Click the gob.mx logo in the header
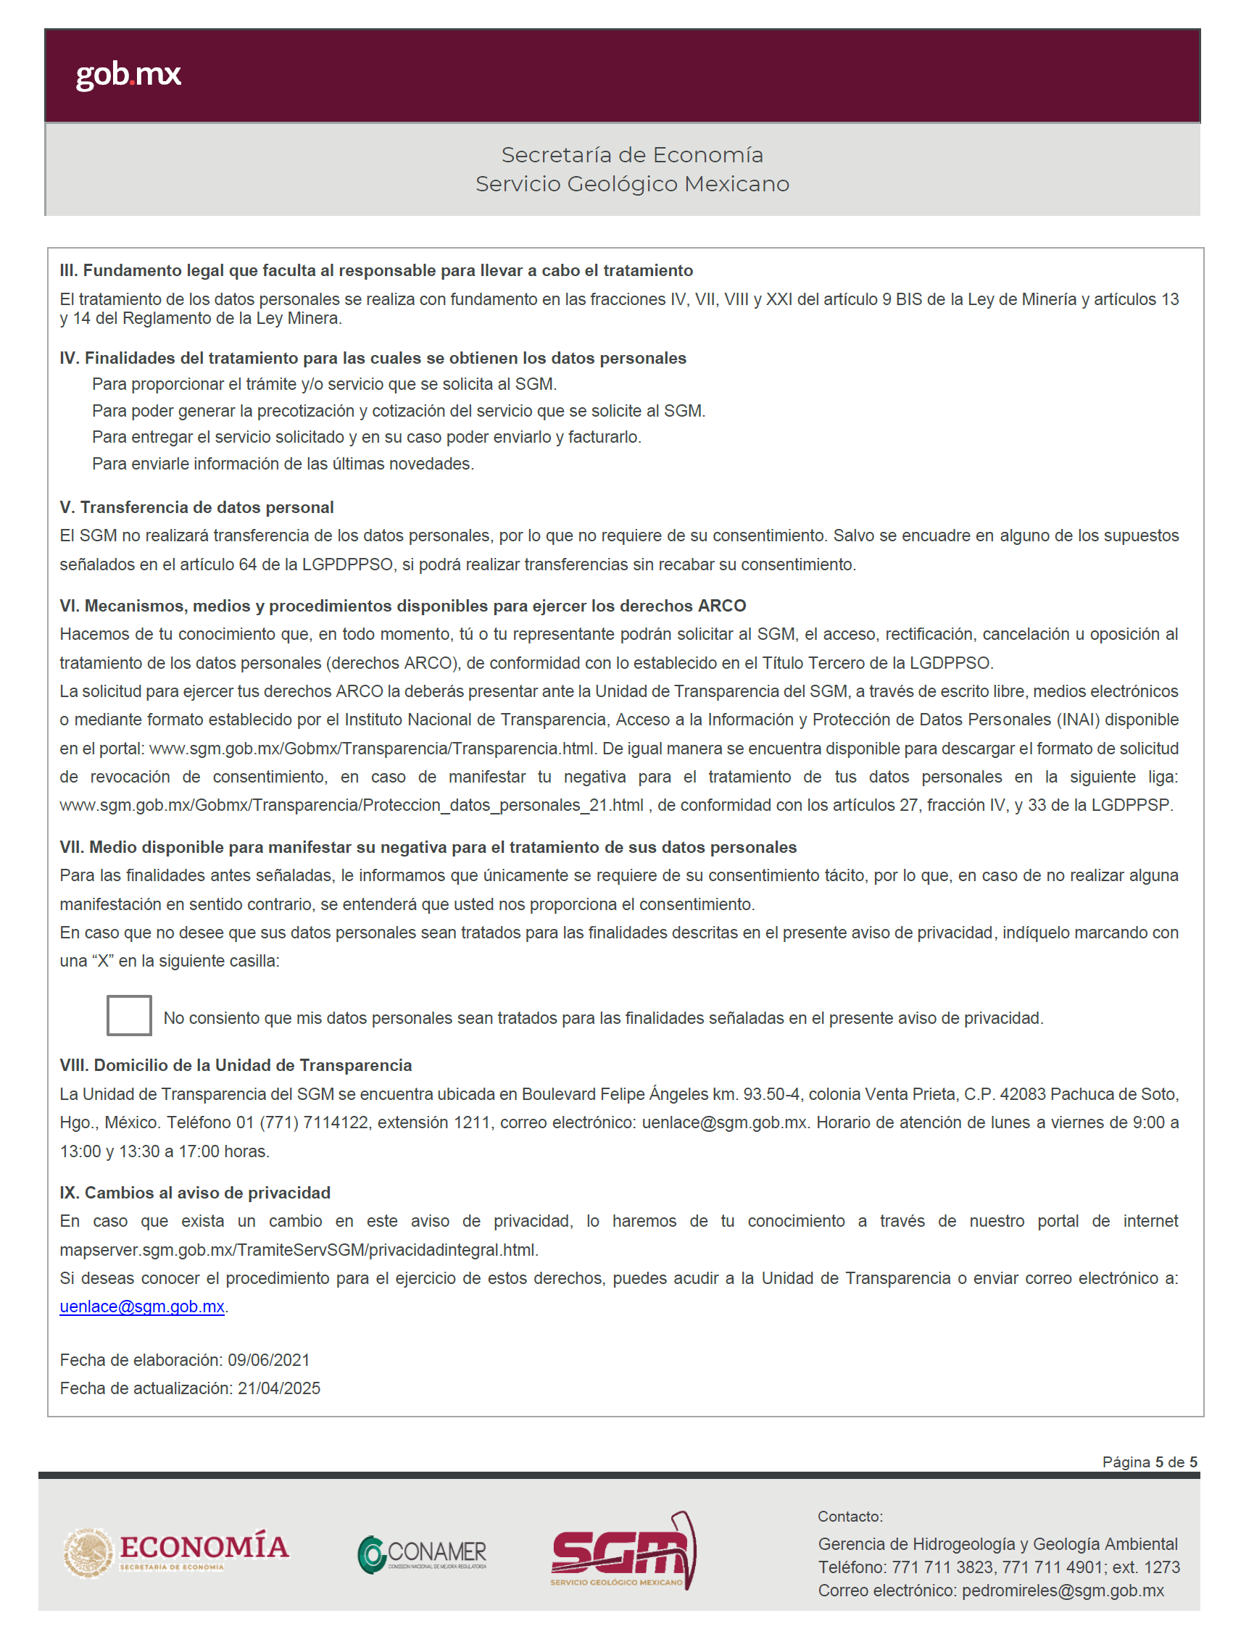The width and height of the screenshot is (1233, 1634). click(128, 75)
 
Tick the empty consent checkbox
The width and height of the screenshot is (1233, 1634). click(128, 1015)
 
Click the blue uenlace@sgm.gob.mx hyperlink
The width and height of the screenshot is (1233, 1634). click(142, 1306)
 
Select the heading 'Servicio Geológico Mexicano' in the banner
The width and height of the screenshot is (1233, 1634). click(631, 183)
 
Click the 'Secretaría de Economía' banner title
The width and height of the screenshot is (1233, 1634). click(631, 154)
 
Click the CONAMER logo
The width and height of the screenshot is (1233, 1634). click(422, 1554)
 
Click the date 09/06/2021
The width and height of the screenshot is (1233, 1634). click(268, 1360)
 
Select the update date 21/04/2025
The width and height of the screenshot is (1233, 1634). click(278, 1388)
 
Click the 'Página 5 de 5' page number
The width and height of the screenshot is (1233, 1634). click(1149, 1462)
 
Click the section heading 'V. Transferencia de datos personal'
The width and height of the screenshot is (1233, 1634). click(196, 507)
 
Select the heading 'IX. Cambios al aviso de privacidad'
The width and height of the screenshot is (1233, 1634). click(195, 1192)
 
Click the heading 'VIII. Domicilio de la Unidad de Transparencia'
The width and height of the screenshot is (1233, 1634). click(236, 1065)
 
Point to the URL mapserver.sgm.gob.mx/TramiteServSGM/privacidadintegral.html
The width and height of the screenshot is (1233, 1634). click(299, 1250)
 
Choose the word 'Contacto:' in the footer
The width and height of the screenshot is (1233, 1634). click(850, 1517)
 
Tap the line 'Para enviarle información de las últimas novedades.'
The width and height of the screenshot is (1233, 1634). click(283, 464)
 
